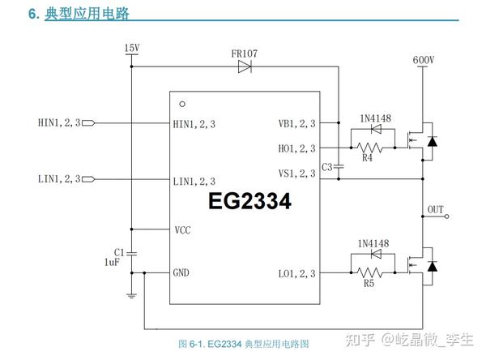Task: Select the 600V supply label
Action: (x=423, y=61)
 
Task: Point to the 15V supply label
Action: (x=132, y=49)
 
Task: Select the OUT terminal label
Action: (x=436, y=210)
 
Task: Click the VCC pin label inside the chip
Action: (x=182, y=230)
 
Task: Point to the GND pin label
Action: (x=181, y=272)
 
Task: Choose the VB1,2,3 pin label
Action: (x=296, y=124)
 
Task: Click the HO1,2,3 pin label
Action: (x=296, y=148)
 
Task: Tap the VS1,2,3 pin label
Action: (x=296, y=173)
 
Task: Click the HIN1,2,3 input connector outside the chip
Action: (x=89, y=124)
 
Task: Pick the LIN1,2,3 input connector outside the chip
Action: (x=89, y=179)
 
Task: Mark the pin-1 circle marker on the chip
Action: (x=182, y=104)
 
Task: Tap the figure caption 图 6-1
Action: (x=243, y=343)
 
